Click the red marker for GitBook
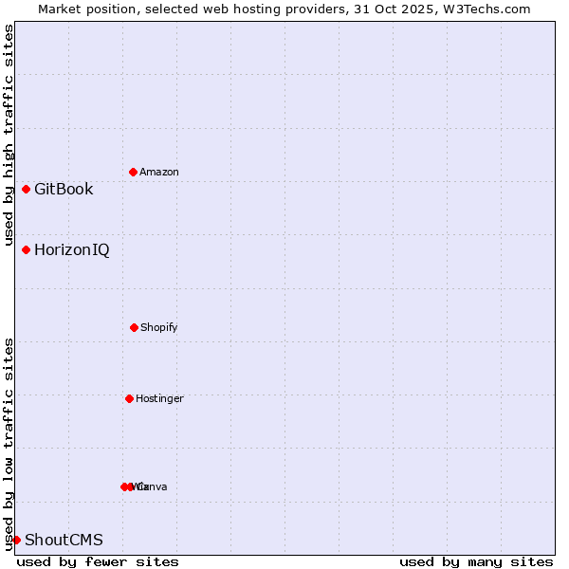tap(26, 189)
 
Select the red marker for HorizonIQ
tap(26, 249)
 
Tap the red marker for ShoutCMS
tap(16, 540)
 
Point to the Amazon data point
tap(133, 172)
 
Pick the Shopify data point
tap(134, 327)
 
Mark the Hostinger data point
tap(129, 398)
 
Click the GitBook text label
tap(64, 189)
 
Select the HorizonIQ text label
tap(71, 249)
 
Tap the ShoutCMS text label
tap(64, 540)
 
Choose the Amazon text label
tap(159, 172)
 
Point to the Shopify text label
tap(159, 327)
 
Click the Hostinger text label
tap(159, 398)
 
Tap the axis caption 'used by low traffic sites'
tap(9, 443)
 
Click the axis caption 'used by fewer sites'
tap(98, 561)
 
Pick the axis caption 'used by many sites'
tap(476, 561)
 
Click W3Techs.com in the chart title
tap(490, 9)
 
